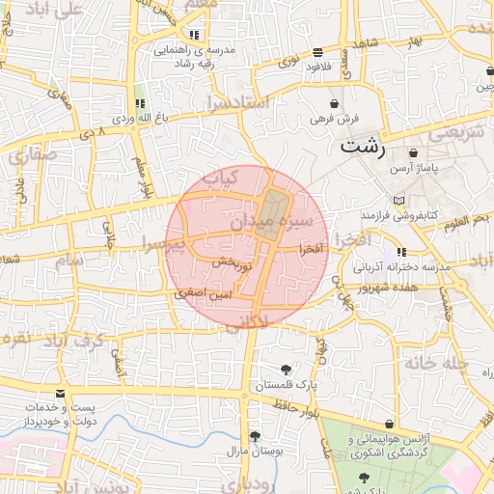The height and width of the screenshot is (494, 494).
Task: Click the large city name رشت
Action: [363, 148]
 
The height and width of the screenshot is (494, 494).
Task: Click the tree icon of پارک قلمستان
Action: [286, 370]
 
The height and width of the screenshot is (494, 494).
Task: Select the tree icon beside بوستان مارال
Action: [255, 436]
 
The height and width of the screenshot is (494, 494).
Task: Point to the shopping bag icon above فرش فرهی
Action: [335, 103]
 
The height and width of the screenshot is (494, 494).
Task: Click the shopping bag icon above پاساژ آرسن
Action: [414, 152]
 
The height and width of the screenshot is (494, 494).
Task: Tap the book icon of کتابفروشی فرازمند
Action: [413, 198]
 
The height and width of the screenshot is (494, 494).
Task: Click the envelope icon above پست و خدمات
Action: [61, 395]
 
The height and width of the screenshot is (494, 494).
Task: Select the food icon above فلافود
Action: [317, 52]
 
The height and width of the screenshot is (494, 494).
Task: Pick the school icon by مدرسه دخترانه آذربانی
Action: [401, 252]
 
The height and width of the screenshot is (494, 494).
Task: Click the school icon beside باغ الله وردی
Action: [140, 104]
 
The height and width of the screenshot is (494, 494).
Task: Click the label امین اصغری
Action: [203, 291]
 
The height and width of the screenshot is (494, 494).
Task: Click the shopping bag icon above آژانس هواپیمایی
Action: [389, 425]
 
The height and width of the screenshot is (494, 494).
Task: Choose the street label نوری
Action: [288, 63]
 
